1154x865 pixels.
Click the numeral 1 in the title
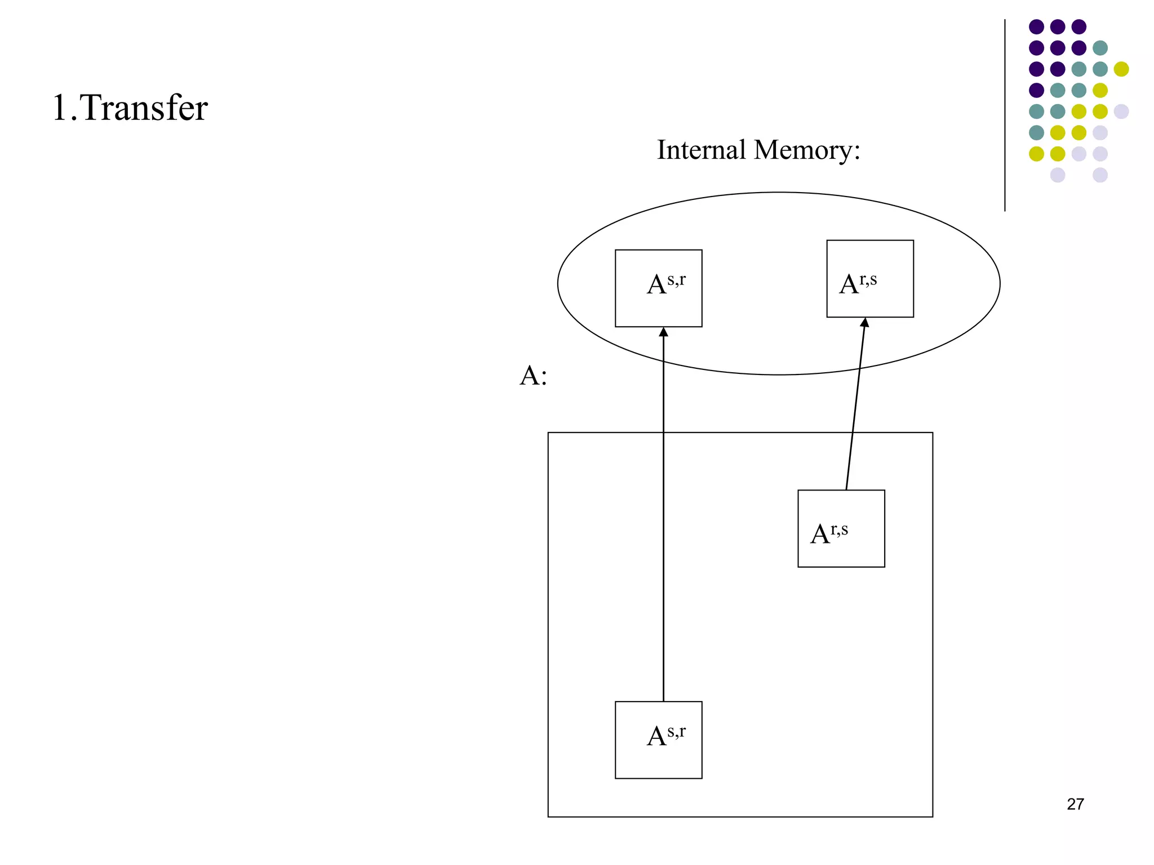(60, 108)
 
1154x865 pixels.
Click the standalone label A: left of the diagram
(532, 376)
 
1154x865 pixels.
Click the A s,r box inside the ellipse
(658, 288)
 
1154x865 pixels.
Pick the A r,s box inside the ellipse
(869, 279)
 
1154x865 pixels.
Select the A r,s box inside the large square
(841, 528)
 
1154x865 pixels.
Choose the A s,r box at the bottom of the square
(658, 739)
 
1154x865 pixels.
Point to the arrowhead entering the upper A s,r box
(663, 332)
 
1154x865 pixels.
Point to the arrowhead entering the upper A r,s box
(865, 322)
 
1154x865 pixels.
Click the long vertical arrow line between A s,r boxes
(663, 518)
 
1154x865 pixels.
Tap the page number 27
(1075, 804)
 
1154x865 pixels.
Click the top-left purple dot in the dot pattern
(1036, 26)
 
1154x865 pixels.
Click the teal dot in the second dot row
(1100, 48)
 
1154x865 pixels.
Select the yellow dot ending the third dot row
(1121, 69)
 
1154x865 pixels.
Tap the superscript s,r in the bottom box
(676, 731)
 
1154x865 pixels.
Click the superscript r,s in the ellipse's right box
(868, 279)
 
